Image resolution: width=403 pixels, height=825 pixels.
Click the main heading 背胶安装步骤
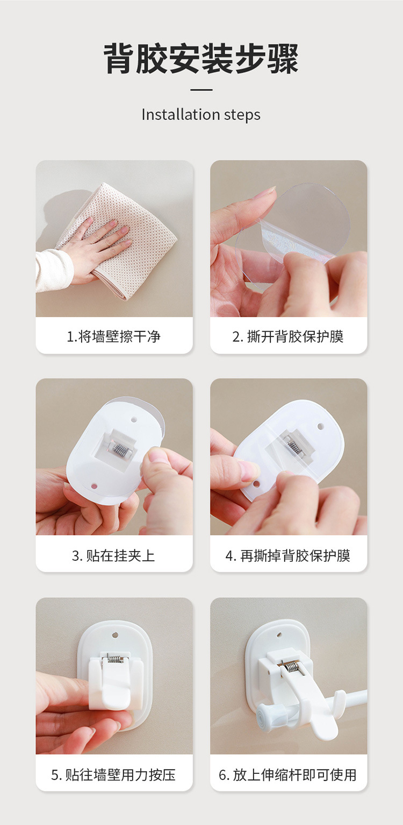click(201, 59)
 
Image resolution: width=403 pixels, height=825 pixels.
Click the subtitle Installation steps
click(201, 115)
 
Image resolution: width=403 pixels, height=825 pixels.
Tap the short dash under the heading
click(201, 90)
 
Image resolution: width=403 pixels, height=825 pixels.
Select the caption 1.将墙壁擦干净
click(114, 337)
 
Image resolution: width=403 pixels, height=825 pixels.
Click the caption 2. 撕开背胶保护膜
click(288, 337)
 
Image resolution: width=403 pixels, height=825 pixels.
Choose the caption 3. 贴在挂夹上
click(114, 555)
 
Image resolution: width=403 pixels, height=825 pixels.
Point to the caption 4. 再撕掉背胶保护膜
click(288, 555)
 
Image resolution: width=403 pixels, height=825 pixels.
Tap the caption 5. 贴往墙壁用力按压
click(114, 775)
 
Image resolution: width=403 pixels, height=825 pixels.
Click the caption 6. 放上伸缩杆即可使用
click(288, 775)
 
